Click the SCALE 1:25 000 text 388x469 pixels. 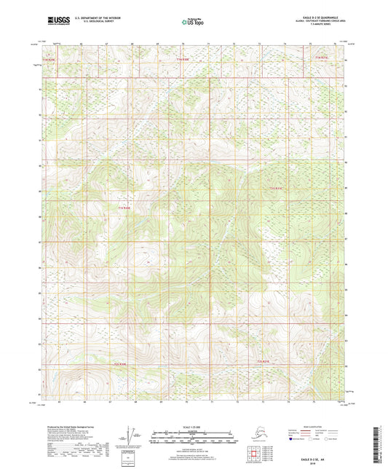pos(194,426)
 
